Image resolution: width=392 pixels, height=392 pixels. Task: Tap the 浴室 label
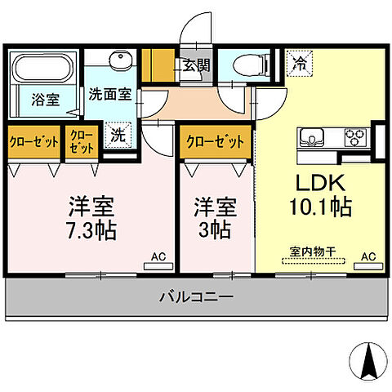pos(44,100)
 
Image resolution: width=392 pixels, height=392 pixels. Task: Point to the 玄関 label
pos(196,65)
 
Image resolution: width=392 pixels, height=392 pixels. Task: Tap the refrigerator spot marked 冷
pos(300,60)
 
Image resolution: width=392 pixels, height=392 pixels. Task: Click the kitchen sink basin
pos(314,136)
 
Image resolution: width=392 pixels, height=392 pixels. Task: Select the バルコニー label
pos(196,297)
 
